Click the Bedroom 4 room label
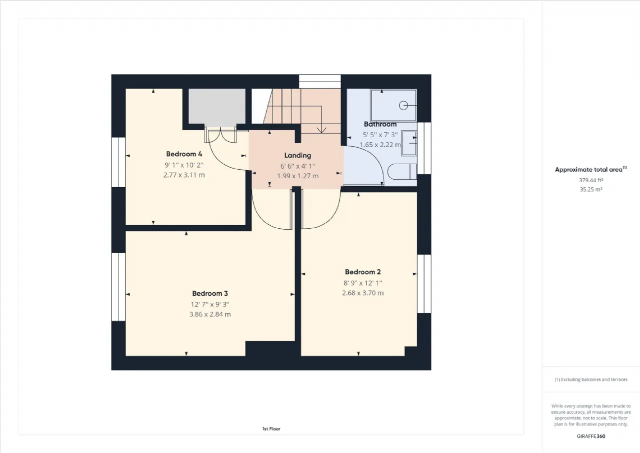coord(184,154)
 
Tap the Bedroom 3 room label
coord(210,293)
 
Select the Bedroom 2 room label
coord(363,272)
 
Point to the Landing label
coord(297,156)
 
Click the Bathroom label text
coord(380,124)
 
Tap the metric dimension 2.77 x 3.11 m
coord(184,175)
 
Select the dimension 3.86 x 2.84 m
coord(210,314)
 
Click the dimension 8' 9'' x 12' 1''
coord(363,283)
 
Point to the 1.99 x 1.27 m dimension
coord(297,176)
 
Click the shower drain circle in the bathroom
coord(403,106)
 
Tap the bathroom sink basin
coord(409,143)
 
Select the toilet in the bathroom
coord(402,172)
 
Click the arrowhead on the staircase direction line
coord(321,131)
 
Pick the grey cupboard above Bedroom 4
coord(217,106)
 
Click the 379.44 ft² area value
coord(591,180)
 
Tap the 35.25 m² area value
coord(591,189)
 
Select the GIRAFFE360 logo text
coord(591,436)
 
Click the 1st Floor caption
coord(271,428)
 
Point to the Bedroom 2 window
coord(424,283)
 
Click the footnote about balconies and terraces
coord(591,379)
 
